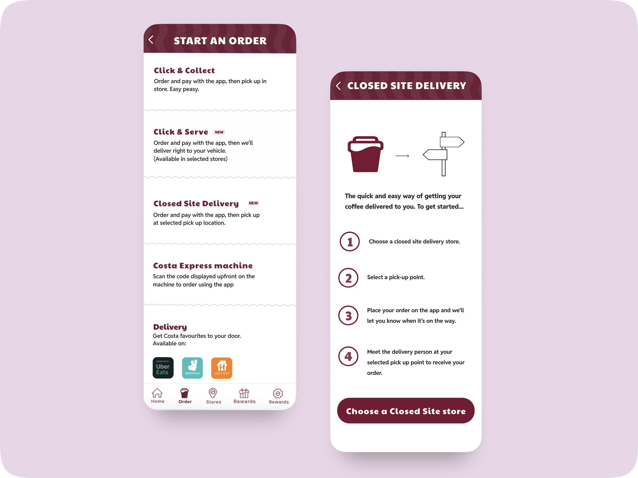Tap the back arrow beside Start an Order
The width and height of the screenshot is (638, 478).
[x=151, y=40]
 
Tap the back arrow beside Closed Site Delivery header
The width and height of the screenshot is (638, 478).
[x=338, y=86]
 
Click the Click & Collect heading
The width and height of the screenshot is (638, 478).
[x=184, y=71]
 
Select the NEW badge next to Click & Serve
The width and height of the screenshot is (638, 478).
[x=219, y=132]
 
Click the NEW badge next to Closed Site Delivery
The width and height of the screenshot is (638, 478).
[x=253, y=203]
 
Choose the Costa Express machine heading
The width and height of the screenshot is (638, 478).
[x=203, y=265]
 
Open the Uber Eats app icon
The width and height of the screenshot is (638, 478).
[x=163, y=368]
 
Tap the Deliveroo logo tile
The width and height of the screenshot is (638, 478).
[x=192, y=368]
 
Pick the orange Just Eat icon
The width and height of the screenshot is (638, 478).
[x=222, y=368]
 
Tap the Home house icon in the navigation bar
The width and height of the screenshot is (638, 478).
[x=157, y=393]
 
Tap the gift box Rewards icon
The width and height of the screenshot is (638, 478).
[x=244, y=393]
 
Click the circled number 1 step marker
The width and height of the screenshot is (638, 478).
[x=350, y=241]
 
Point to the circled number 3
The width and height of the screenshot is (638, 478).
[x=348, y=316]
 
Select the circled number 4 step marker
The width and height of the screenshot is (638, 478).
[x=348, y=356]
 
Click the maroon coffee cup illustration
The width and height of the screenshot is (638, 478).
[x=365, y=154]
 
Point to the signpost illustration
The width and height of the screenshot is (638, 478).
[x=444, y=154]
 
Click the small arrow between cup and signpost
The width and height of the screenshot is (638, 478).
[x=402, y=156]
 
